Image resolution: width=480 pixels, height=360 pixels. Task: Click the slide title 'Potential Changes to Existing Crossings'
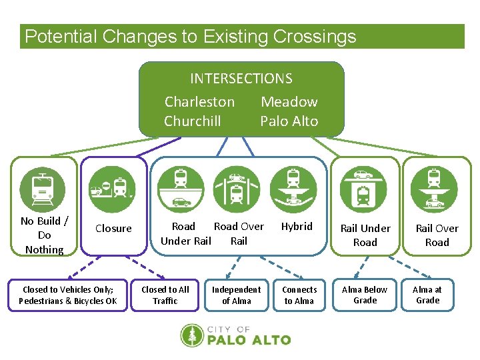point(190,37)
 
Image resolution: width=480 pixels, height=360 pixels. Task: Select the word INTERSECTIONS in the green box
point(241,79)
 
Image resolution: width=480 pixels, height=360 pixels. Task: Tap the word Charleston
point(199,102)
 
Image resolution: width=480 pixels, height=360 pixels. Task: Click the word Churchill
point(192,121)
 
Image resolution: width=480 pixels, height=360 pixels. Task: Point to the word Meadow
point(289,102)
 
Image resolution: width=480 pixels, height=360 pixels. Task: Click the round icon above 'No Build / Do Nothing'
point(43,187)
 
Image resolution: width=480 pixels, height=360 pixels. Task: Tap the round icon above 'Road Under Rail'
point(181,187)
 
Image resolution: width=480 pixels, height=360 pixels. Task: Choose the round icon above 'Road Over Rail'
point(237,187)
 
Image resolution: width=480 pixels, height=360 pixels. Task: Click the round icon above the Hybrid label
point(293,187)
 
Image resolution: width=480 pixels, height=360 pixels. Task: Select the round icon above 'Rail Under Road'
point(364,187)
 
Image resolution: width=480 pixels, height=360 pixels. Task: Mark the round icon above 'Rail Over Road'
point(434,187)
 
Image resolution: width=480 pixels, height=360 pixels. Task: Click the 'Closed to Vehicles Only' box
point(67,295)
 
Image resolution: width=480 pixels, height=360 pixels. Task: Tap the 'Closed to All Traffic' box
point(165,295)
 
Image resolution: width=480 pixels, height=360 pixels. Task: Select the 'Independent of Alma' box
point(236,295)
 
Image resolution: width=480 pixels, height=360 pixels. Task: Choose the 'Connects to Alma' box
point(299,295)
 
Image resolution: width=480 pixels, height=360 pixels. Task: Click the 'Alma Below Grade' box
point(365,295)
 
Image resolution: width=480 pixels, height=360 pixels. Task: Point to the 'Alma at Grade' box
point(427,295)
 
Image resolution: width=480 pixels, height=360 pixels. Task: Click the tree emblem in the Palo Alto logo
point(193,335)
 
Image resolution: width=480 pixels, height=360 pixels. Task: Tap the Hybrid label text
point(297,227)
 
